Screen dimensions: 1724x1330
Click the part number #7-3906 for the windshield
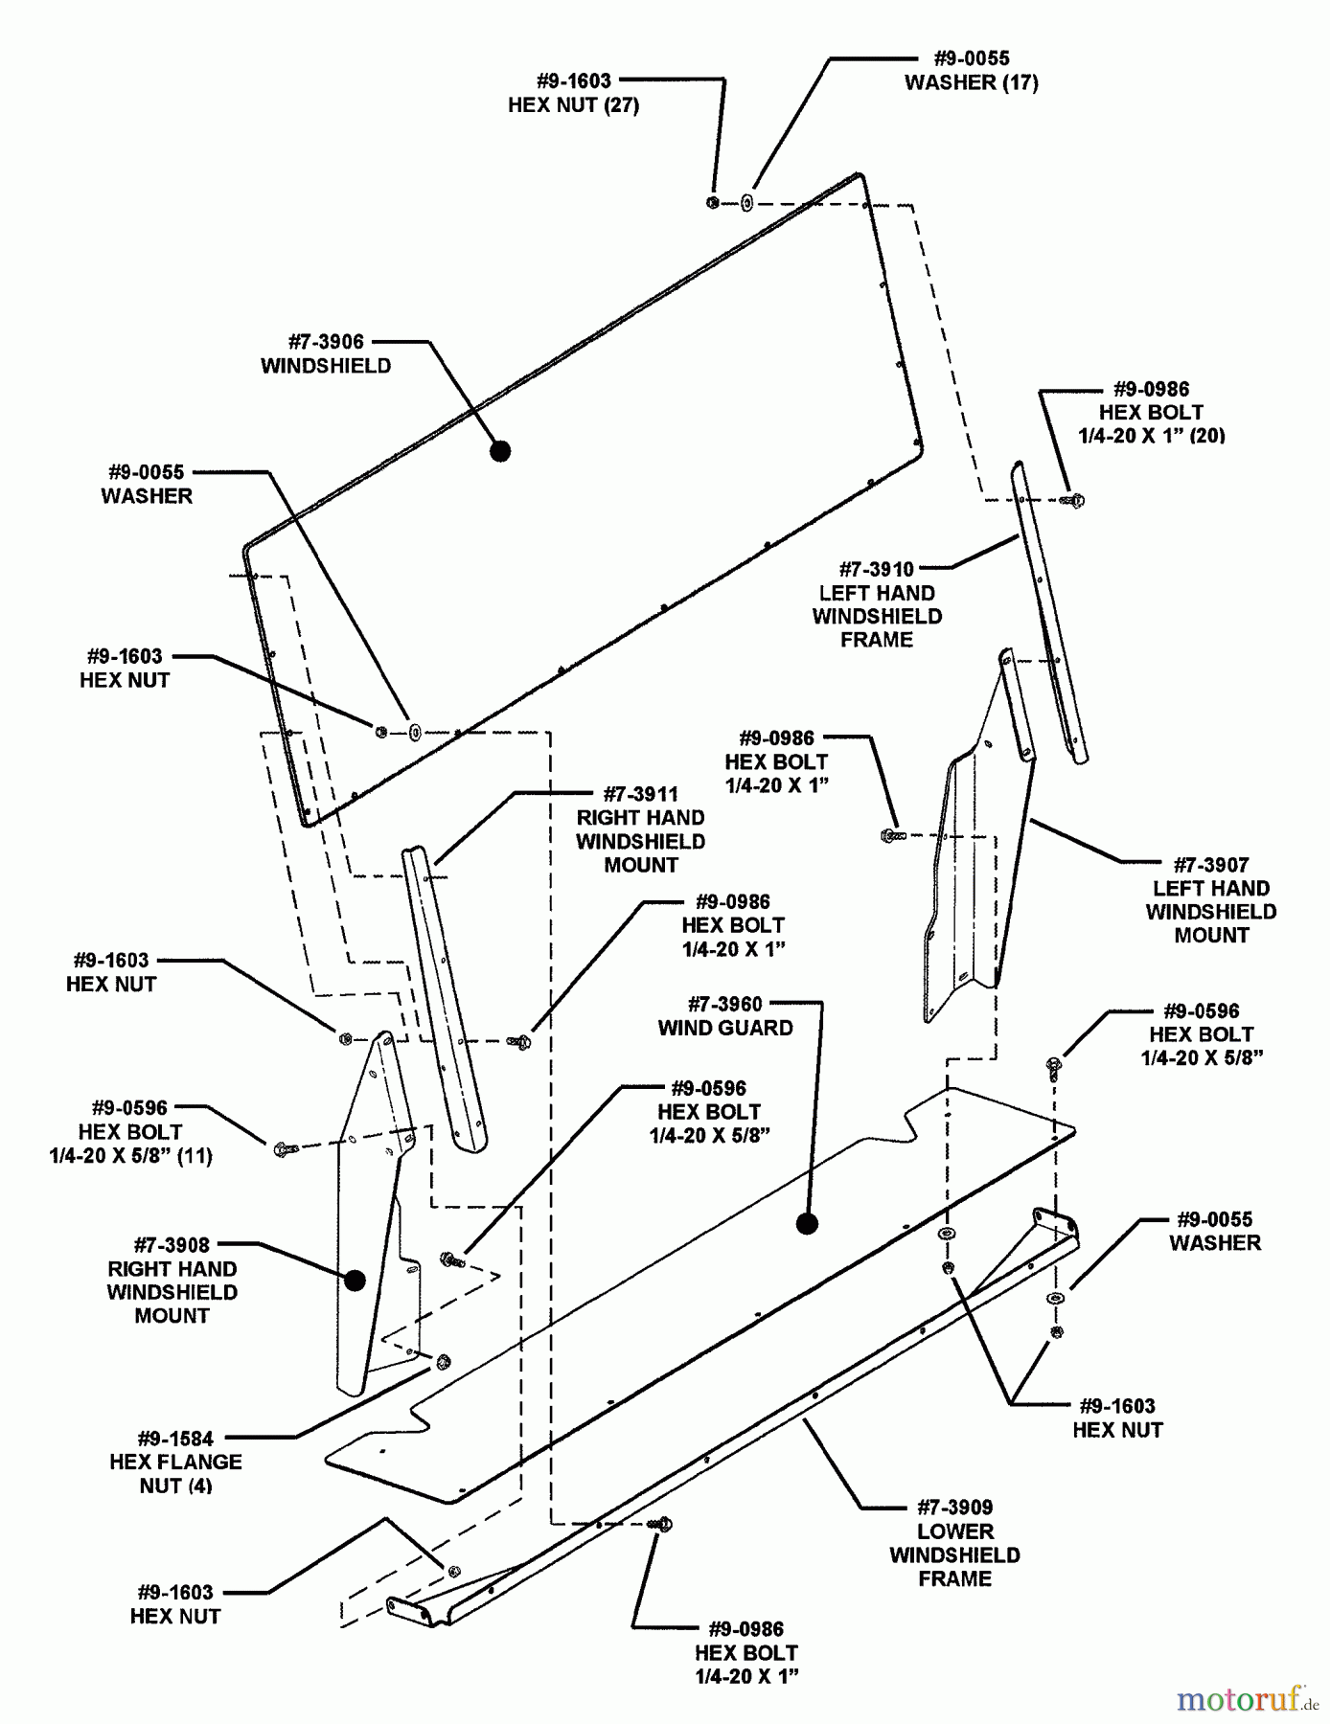326,342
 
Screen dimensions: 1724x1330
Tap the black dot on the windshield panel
500,451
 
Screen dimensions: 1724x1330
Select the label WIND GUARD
725,1029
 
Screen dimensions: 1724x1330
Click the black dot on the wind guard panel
807,1223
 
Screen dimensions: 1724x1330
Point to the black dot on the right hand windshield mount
355,1280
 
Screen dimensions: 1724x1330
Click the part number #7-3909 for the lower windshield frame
954,1508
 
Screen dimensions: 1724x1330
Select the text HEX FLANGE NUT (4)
175,1474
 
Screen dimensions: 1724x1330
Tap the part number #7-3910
877,570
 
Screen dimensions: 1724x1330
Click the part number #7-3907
1211,865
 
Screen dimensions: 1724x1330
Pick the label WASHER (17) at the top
971,82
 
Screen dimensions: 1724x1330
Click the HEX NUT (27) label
573,105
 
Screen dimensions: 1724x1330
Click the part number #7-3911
640,795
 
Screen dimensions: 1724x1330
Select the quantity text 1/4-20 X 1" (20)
1151,436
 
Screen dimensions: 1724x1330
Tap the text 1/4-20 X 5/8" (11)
130,1156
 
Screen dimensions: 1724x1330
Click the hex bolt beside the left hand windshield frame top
1075,500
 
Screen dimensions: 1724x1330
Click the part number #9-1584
175,1439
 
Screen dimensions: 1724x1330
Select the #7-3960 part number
725,1005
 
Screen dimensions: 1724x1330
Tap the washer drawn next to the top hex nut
747,202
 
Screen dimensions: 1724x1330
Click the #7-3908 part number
172,1245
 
